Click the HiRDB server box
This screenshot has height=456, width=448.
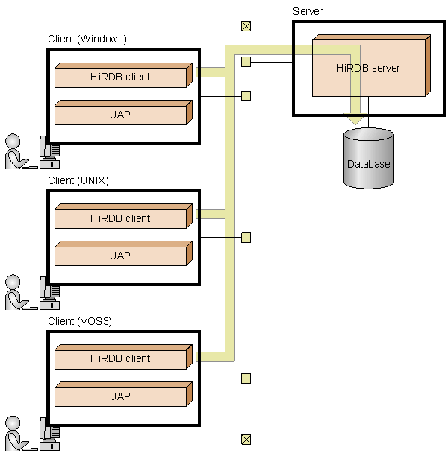[x=369, y=68]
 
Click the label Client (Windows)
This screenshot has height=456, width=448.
[x=87, y=39]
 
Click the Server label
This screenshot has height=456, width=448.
[x=308, y=11]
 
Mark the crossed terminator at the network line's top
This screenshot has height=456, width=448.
[x=246, y=26]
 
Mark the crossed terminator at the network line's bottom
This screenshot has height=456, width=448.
[x=246, y=439]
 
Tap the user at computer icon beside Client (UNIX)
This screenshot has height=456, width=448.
[x=30, y=292]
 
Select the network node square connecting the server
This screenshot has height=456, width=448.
[x=246, y=62]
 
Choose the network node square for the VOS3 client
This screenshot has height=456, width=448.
[x=246, y=379]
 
